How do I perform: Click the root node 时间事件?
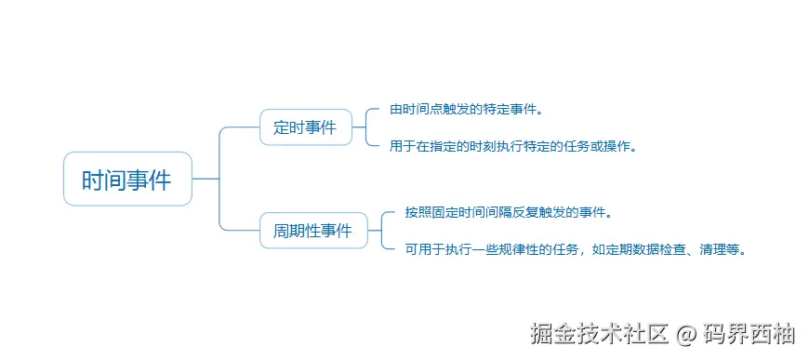click(x=127, y=180)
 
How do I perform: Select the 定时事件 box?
click(x=306, y=127)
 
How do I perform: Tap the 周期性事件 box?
click(x=312, y=231)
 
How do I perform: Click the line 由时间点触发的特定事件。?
click(x=466, y=110)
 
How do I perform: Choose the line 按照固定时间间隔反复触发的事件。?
click(x=508, y=213)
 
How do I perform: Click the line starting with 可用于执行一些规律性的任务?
click(x=576, y=249)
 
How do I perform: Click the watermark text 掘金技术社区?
click(x=599, y=333)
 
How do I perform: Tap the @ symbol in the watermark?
click(x=685, y=333)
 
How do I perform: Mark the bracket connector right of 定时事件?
click(x=368, y=127)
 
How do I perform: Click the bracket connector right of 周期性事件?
click(x=384, y=231)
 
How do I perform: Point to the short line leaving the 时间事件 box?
click(x=206, y=179)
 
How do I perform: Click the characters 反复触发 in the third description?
click(x=533, y=213)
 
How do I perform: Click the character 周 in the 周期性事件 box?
click(x=281, y=231)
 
